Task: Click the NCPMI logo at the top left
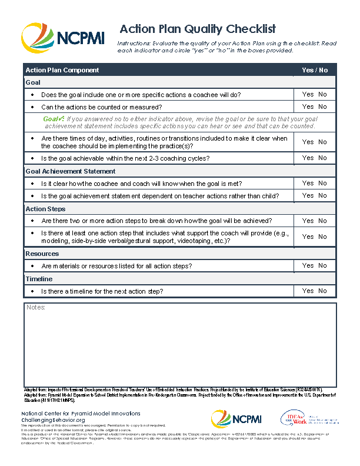coord(62,38)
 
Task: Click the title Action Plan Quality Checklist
coord(198,29)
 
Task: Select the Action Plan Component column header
coord(62,70)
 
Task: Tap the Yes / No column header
coord(315,70)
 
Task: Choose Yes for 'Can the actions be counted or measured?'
coord(308,107)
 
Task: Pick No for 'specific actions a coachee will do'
coord(323,94)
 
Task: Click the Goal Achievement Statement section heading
coord(71,171)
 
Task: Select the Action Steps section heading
coord(45,209)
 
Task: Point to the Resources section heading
coord(42,254)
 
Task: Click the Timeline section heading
coord(39,279)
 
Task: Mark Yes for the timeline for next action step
coord(308,291)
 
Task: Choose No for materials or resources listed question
coord(323,265)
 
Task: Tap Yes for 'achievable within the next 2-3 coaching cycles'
coord(308,158)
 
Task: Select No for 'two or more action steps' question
coord(323,221)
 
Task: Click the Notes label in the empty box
coord(36,308)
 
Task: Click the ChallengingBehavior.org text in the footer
coord(54,420)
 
